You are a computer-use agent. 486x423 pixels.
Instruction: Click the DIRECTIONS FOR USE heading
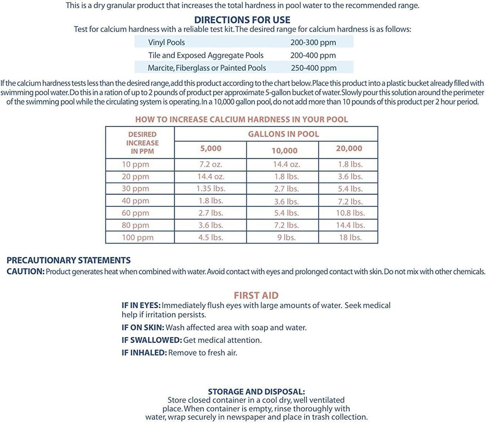click(242, 20)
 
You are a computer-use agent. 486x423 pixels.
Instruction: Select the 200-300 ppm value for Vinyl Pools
click(313, 42)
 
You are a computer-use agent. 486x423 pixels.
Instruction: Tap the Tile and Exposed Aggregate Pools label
click(206, 55)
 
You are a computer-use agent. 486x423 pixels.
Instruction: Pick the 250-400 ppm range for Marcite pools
click(314, 68)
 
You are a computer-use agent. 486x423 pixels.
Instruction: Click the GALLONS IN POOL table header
click(283, 134)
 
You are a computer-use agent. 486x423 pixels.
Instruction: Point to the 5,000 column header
click(211, 148)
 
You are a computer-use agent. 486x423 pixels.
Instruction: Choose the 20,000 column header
click(349, 148)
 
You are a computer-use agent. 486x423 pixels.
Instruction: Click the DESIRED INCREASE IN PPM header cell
click(142, 143)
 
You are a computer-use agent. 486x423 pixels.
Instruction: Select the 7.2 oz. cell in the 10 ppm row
click(211, 165)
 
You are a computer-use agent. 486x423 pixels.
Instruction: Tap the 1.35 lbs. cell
click(211, 189)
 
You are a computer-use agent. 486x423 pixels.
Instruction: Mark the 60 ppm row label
click(135, 213)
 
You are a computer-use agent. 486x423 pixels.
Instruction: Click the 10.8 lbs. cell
click(350, 213)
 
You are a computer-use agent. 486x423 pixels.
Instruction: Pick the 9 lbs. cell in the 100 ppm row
click(286, 237)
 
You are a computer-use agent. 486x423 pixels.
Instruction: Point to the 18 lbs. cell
click(350, 237)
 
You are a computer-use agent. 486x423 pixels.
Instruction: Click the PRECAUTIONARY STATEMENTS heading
click(69, 260)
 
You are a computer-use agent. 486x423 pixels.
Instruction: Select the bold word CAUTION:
click(25, 272)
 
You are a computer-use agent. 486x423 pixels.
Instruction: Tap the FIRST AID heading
click(256, 295)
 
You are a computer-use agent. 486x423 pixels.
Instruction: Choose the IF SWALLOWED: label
click(151, 340)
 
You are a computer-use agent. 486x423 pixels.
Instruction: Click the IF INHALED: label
click(144, 352)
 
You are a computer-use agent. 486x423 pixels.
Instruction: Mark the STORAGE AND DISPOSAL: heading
click(256, 392)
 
